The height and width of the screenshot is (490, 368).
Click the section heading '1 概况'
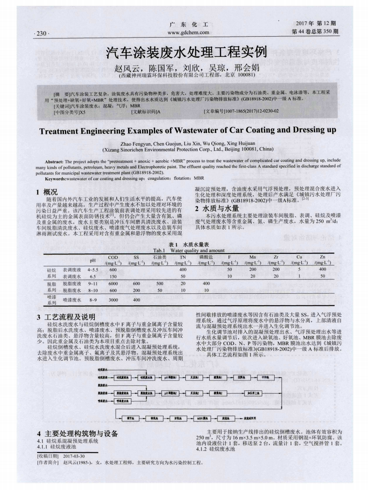(x=47, y=192)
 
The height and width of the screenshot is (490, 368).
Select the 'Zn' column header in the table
(x=323, y=258)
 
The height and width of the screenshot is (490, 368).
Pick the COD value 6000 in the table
(x=113, y=284)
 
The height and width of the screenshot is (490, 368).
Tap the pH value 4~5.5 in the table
(x=93, y=270)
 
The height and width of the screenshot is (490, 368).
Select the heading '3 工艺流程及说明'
(x=65, y=317)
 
